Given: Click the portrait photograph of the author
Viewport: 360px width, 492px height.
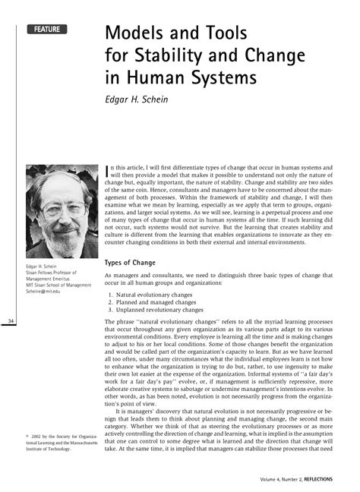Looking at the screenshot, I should pyautogui.click(x=61, y=210).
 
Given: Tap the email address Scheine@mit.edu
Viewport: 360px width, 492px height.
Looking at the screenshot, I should pyautogui.click(x=46, y=290).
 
